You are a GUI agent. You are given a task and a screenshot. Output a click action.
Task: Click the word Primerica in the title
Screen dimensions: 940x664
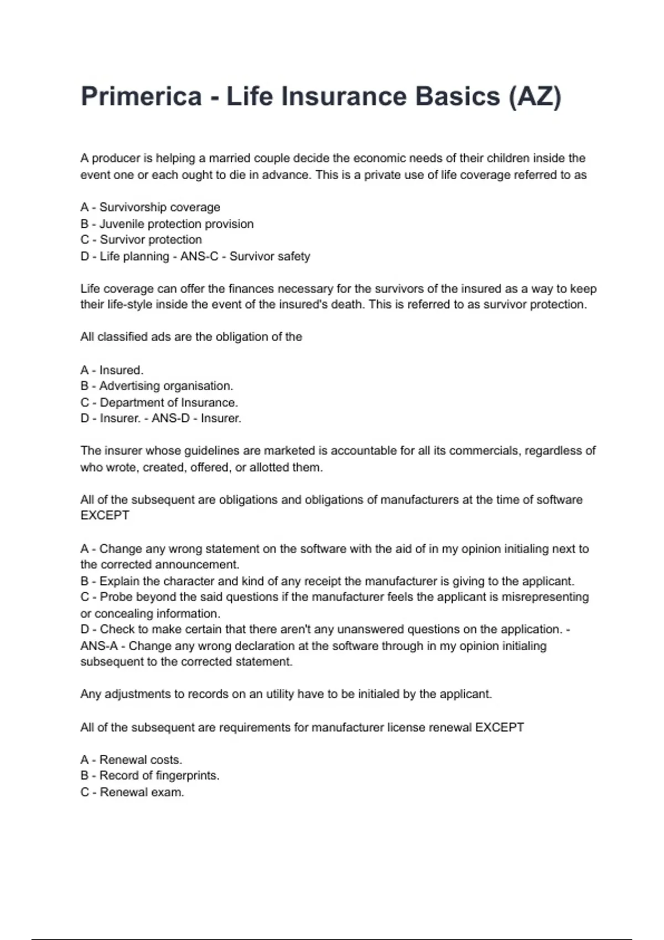[141, 96]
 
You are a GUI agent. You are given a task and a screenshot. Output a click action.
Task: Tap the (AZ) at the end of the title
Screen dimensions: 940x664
[535, 96]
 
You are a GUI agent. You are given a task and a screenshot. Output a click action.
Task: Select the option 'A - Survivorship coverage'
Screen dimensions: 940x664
[150, 207]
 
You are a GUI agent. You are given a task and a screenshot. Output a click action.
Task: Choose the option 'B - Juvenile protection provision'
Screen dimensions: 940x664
[167, 224]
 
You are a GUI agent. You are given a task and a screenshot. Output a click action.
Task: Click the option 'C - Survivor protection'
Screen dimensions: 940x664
[141, 240]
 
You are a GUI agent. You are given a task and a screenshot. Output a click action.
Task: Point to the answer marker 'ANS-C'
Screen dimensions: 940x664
[199, 257]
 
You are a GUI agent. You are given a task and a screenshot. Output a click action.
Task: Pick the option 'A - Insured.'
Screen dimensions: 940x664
[112, 370]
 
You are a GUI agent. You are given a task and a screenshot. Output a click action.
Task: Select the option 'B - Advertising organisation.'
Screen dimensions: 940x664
[157, 386]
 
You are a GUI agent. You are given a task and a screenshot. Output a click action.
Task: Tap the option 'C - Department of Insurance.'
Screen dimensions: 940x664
[159, 403]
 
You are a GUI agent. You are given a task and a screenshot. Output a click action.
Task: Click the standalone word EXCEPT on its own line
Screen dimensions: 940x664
[105, 515]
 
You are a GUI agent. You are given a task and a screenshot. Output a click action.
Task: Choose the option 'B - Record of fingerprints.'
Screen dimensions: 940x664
[149, 776]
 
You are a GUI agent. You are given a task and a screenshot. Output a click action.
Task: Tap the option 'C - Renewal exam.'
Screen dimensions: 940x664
[132, 792]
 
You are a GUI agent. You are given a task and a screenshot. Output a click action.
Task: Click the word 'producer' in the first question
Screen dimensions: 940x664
[116, 159]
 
